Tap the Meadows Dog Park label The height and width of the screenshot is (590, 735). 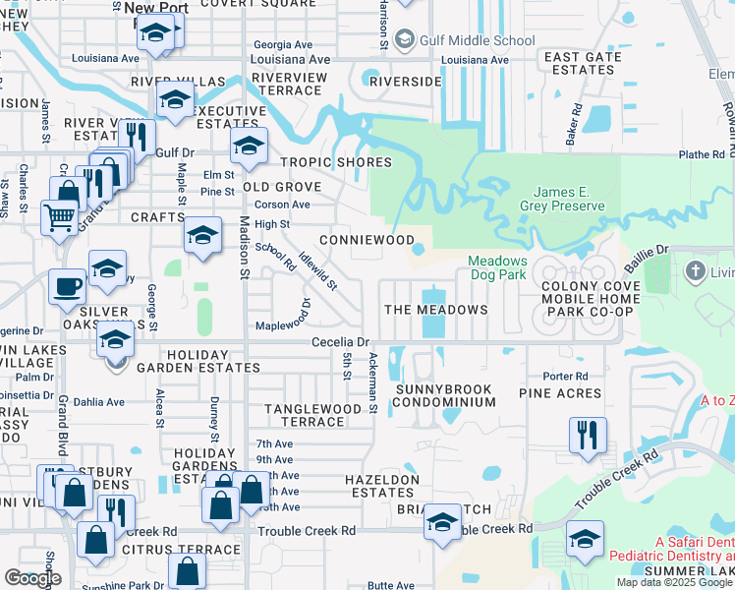(497, 268)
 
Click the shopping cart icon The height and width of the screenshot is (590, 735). (59, 214)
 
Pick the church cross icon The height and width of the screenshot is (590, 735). (696, 270)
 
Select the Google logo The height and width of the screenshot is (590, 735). (32, 578)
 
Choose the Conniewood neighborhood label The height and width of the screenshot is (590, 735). (367, 240)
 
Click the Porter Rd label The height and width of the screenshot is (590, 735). (565, 376)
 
